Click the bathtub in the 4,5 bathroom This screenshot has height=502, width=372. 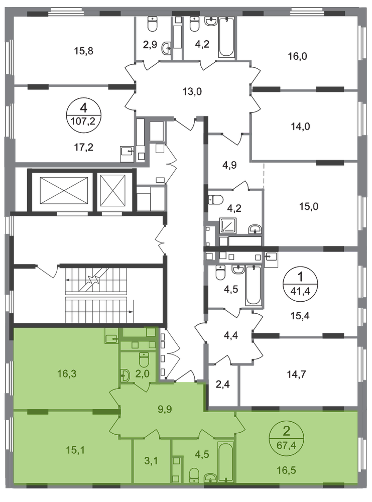pyautogui.click(x=224, y=462)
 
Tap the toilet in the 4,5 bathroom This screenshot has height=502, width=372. pyautogui.click(x=194, y=474)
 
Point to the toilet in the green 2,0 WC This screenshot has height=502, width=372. pyautogui.click(x=144, y=360)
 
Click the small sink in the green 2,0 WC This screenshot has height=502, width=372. pyautogui.click(x=126, y=374)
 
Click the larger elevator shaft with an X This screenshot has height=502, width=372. pyautogui.click(x=63, y=191)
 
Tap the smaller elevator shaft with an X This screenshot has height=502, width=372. pyautogui.click(x=111, y=191)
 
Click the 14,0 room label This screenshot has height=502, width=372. pyautogui.click(x=298, y=127)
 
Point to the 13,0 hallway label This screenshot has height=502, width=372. pyautogui.click(x=192, y=91)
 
